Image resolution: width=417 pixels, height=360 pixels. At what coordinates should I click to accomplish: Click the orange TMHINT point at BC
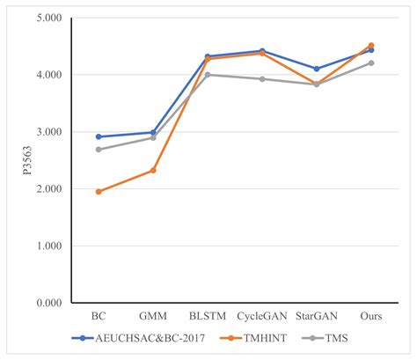pyautogui.click(x=99, y=192)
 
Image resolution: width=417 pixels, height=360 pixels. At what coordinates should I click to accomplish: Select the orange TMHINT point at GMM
pyautogui.click(x=153, y=171)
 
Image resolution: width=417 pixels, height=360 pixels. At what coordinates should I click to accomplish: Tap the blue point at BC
pyautogui.click(x=99, y=136)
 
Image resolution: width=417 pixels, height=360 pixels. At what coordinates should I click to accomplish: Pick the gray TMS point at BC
pyautogui.click(x=99, y=150)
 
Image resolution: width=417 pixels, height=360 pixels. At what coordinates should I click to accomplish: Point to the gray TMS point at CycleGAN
pyautogui.click(x=262, y=79)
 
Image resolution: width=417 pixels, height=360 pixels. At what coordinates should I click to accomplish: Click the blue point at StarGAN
pyautogui.click(x=317, y=69)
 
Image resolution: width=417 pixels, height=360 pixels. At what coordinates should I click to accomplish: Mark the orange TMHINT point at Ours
pyautogui.click(x=371, y=45)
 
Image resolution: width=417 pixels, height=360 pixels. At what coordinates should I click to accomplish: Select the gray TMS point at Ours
pyautogui.click(x=371, y=62)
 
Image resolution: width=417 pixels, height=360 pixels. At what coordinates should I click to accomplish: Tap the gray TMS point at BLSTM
pyautogui.click(x=208, y=75)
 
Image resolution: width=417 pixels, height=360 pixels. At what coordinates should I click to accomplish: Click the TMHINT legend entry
pyautogui.click(x=253, y=338)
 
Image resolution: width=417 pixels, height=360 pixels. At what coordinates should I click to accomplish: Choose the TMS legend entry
pyautogui.click(x=325, y=338)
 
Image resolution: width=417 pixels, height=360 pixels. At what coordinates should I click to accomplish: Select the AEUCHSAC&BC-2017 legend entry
pyautogui.click(x=138, y=338)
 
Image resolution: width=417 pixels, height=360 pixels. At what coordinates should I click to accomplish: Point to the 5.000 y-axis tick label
pyautogui.click(x=49, y=18)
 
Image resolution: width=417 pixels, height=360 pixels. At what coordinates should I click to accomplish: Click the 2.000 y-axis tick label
pyautogui.click(x=49, y=188)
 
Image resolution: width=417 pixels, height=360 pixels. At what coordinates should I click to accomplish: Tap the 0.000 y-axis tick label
pyautogui.click(x=49, y=303)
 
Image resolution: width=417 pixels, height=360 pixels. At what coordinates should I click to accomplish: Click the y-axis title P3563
pyautogui.click(x=27, y=160)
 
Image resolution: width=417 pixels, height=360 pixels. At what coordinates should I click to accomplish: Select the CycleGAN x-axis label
pyautogui.click(x=262, y=316)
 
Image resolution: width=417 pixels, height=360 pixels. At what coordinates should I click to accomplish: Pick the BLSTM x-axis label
pyautogui.click(x=208, y=316)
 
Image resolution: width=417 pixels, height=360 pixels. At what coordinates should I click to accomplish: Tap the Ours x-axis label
pyautogui.click(x=371, y=316)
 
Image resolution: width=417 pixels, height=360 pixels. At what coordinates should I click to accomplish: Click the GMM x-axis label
pyautogui.click(x=153, y=316)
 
